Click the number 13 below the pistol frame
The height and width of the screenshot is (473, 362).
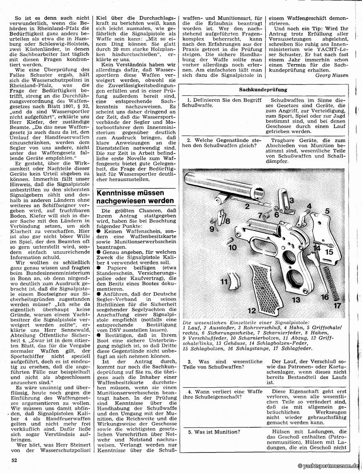coord(296,300)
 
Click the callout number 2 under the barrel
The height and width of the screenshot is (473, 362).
coord(247,206)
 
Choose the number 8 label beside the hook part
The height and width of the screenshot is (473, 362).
coord(228,221)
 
